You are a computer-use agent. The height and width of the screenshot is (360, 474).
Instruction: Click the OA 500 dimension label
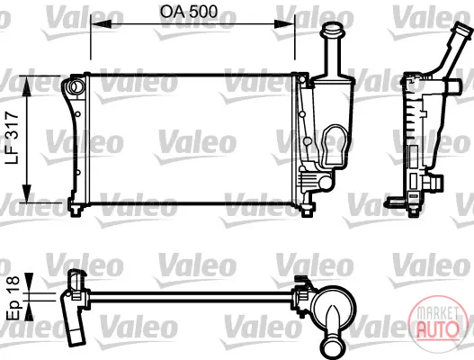pyautogui.click(x=189, y=12)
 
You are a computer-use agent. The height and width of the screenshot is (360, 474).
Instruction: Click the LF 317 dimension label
pyautogui.click(x=12, y=138)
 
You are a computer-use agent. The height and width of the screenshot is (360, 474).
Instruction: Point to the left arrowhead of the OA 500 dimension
pyautogui.click(x=101, y=24)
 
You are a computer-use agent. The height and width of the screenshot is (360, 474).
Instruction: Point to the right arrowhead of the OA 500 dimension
pyautogui.click(x=284, y=24)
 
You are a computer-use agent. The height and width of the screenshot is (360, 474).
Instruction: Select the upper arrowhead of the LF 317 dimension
pyautogui.click(x=27, y=86)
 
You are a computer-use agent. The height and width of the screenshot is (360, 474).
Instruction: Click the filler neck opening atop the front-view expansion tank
pyautogui.click(x=332, y=30)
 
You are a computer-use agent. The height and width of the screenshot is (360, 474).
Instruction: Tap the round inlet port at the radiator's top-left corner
pyautogui.click(x=76, y=86)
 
